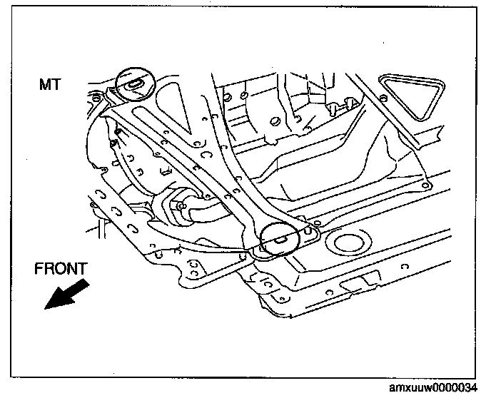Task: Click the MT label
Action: click(51, 85)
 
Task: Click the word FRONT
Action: click(61, 269)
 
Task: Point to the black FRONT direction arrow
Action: click(66, 293)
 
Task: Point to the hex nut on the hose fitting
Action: click(176, 206)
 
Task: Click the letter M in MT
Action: click(45, 85)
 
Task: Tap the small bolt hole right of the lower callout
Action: click(311, 233)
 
